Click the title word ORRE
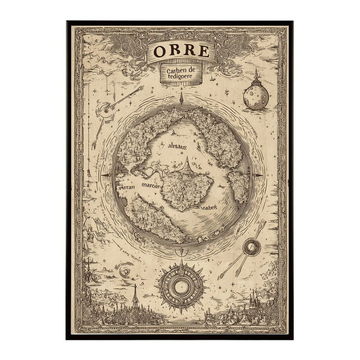pos(181,52)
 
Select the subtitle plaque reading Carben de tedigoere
pos(181,75)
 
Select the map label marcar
pos(150,185)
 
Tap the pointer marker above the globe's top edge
pos(181,98)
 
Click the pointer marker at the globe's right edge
pos(258,175)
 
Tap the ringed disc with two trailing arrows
pos(251,248)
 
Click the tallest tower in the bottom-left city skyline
pos(135,295)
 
